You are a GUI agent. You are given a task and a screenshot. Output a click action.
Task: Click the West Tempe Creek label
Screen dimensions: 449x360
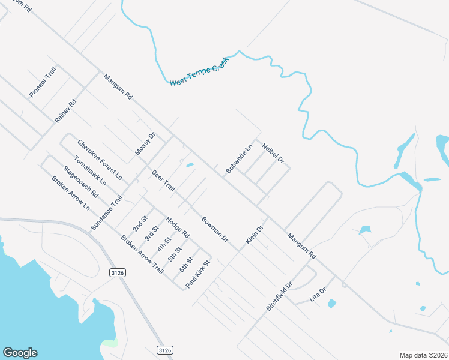[x=199, y=71]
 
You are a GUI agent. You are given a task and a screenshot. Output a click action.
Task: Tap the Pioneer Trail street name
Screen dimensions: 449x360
[x=43, y=83]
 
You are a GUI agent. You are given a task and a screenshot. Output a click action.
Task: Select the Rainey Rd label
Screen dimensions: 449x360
[x=66, y=111]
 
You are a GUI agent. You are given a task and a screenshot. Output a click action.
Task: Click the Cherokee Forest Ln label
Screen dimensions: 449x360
[x=100, y=160]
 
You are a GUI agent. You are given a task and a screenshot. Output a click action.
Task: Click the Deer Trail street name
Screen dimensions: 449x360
[x=163, y=181]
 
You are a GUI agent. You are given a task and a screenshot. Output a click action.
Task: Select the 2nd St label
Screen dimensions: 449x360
[x=140, y=224]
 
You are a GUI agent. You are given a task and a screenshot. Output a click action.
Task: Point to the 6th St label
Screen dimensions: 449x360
[x=186, y=265]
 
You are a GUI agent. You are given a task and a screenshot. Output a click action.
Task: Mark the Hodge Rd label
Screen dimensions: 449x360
[x=178, y=226]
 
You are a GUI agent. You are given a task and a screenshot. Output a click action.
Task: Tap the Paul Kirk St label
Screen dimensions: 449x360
[x=199, y=274]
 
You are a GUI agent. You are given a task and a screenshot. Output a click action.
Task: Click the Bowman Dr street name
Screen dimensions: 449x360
[x=215, y=229]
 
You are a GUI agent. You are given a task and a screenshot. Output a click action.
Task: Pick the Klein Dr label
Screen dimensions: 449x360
[x=255, y=235]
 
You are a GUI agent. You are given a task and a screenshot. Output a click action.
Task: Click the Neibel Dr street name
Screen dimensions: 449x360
[x=273, y=152]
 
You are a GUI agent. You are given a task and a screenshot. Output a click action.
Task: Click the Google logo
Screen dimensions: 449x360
[x=20, y=353]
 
